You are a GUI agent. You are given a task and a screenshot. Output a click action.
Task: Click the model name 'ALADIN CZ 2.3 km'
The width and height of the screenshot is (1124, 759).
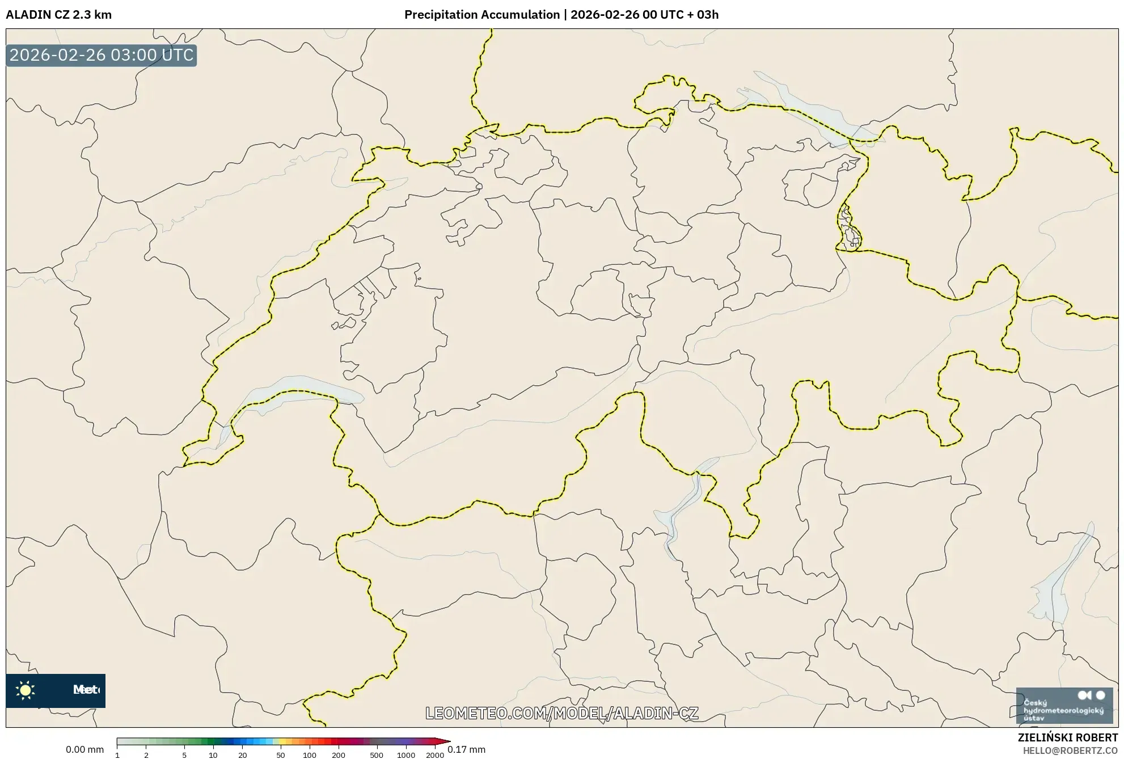[x=58, y=15]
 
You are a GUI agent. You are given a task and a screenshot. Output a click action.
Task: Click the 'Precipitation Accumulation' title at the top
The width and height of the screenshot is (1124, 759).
[x=481, y=15]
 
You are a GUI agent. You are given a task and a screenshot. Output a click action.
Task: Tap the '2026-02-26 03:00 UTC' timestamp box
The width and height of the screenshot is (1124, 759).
[x=102, y=55]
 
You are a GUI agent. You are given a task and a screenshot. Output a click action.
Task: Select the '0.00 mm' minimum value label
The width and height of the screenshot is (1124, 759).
[x=84, y=749]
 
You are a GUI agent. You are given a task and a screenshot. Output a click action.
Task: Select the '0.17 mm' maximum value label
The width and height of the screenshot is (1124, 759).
[x=467, y=749]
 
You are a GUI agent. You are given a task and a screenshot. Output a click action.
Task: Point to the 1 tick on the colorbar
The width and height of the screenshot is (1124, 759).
[x=117, y=755]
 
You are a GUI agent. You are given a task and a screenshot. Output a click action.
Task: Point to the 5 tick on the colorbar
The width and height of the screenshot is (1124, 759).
[x=184, y=755]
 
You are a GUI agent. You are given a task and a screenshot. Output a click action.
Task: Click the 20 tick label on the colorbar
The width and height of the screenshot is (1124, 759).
[x=243, y=755]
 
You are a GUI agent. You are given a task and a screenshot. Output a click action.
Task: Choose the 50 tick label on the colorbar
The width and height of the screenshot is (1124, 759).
[x=280, y=755]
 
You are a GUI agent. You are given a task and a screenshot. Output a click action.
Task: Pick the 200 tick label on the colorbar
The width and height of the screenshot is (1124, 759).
[x=339, y=755]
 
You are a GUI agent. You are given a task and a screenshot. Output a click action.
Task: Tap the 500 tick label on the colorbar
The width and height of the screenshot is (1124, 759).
[x=377, y=755]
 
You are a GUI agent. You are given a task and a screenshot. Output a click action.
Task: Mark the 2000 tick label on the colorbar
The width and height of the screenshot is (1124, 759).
[x=435, y=755]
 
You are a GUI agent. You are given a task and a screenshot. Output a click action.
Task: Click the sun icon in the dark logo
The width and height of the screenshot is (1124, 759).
[x=26, y=690]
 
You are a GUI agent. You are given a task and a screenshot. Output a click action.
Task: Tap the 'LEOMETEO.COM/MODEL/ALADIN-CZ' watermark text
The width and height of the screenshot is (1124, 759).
[x=561, y=713]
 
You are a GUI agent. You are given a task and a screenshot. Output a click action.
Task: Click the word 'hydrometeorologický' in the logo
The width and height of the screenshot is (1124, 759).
[x=1063, y=710]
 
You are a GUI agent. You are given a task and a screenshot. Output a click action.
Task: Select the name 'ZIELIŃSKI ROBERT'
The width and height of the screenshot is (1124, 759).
[x=1068, y=737]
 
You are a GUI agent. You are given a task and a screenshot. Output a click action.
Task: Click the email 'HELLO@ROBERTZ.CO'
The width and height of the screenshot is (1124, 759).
[x=1070, y=750]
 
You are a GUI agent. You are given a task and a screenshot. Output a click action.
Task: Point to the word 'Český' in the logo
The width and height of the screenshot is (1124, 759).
[x=1035, y=702]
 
